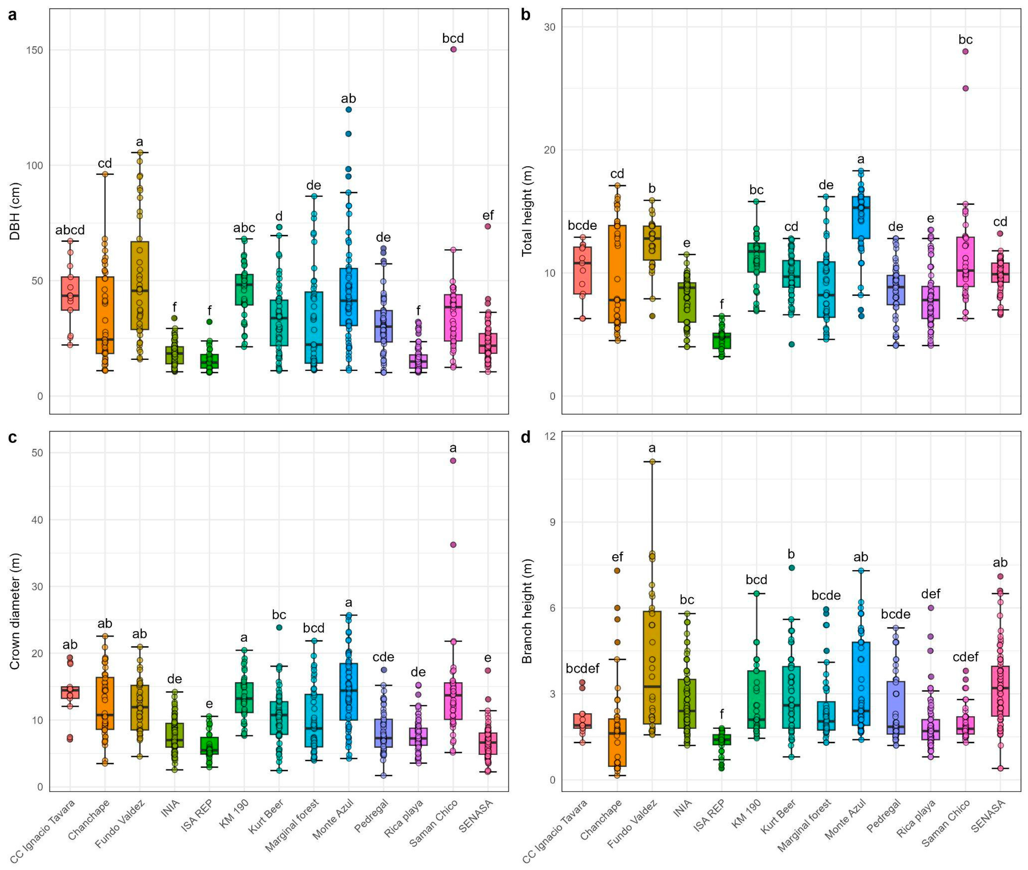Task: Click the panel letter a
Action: tap(12, 15)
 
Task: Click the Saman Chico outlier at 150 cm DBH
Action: tap(453, 49)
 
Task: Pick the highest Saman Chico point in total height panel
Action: tap(965, 51)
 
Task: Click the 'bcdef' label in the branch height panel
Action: tap(582, 669)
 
